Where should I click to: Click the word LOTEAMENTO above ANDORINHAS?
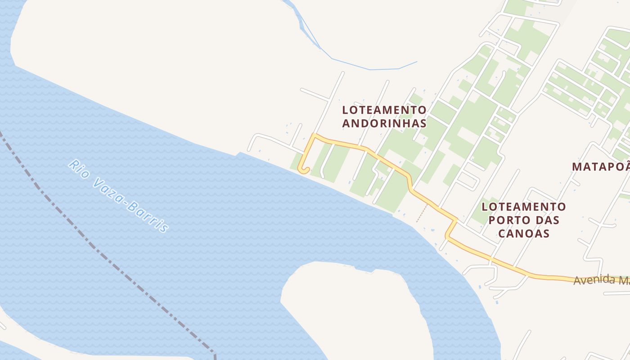click(384, 110)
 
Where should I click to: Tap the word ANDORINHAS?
click(384, 123)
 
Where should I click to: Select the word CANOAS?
click(524, 233)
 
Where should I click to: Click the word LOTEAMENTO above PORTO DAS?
click(524, 207)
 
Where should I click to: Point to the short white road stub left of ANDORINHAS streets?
click(315, 94)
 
